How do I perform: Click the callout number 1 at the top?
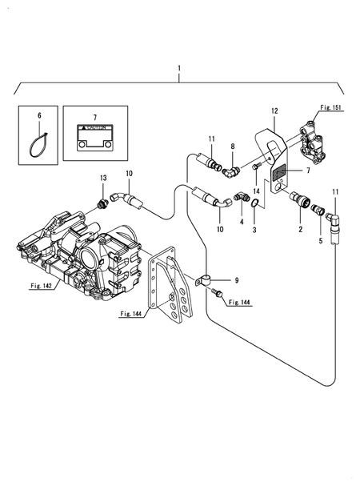click(x=179, y=68)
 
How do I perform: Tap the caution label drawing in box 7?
click(x=95, y=138)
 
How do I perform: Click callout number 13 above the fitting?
click(x=103, y=178)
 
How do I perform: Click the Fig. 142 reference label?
click(x=41, y=286)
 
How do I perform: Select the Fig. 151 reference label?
click(x=330, y=107)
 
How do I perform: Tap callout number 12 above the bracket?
click(x=274, y=111)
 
